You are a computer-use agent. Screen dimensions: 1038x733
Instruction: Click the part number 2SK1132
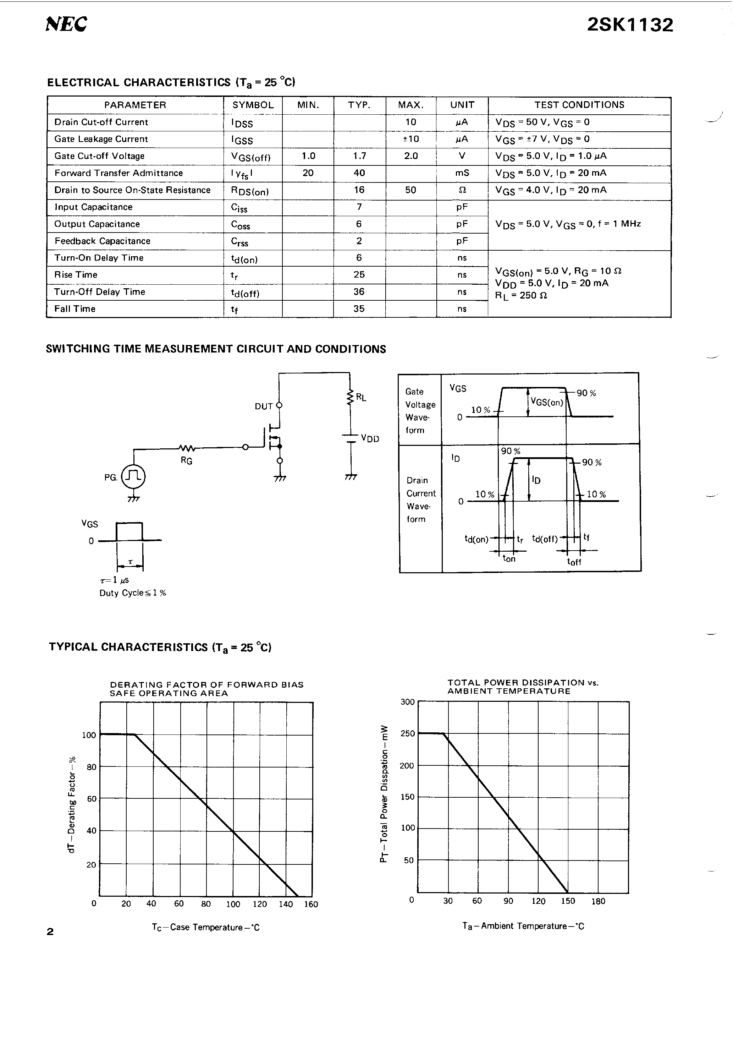tap(630, 25)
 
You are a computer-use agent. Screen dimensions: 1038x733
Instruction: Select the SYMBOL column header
tap(253, 105)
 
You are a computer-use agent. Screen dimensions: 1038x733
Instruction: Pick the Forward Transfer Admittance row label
tap(119, 173)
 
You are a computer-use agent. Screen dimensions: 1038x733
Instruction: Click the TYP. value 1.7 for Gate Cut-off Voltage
tap(359, 156)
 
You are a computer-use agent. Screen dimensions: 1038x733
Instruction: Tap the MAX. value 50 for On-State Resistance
tap(410, 190)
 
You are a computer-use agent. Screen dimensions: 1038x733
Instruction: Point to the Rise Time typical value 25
tap(359, 274)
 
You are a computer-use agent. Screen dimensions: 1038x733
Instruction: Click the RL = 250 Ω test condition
tap(520, 295)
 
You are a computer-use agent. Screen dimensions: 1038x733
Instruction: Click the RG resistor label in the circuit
tap(186, 461)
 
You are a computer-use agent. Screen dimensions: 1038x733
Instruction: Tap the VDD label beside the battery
tap(370, 438)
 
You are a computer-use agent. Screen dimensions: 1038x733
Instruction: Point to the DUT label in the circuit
tap(264, 406)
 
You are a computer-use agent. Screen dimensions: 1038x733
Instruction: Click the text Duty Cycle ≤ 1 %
tap(132, 593)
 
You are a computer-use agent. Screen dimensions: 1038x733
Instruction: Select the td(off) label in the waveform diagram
tap(545, 539)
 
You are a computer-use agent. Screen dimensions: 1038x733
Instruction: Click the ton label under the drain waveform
tap(509, 559)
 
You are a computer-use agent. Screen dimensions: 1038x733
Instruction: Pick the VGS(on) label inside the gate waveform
tap(546, 402)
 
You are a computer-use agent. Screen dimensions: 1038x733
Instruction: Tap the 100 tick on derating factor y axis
tap(89, 735)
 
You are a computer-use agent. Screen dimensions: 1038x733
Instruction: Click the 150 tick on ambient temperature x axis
tap(568, 901)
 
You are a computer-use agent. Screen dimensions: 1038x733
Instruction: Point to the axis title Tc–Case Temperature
tap(206, 927)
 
